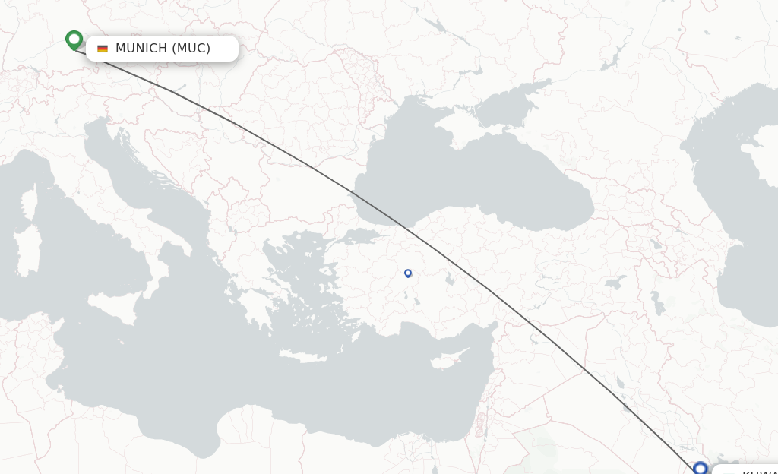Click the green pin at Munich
coord(74,39)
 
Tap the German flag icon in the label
coord(103,49)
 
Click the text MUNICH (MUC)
coord(163,49)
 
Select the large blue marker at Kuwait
coord(700,468)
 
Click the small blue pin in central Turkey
coord(408,273)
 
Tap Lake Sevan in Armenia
coord(655,245)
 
